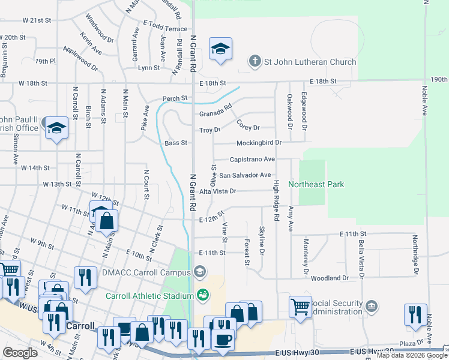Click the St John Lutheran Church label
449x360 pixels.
point(310,62)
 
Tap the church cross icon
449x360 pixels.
point(255,61)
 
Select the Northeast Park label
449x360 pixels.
point(316,184)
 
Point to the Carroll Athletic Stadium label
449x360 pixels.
point(149,295)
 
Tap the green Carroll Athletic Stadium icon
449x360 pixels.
point(203,295)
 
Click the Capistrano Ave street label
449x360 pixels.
point(252,159)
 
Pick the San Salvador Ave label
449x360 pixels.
point(244,175)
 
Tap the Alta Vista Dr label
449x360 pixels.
point(218,191)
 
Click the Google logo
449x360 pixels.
point(20,353)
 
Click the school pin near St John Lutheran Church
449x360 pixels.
point(220,49)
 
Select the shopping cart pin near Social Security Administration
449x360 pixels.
point(300,307)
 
